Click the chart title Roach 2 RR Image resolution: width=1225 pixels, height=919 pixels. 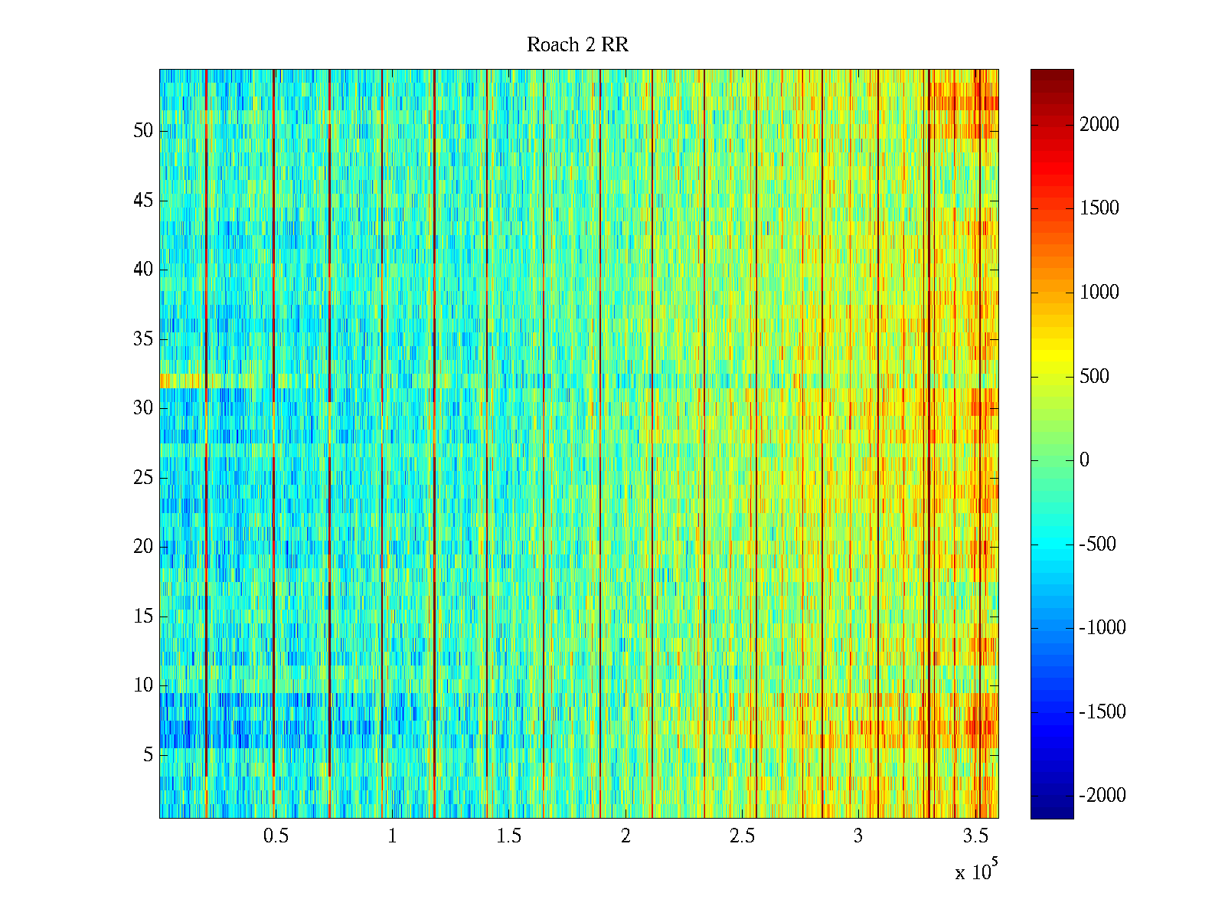point(577,45)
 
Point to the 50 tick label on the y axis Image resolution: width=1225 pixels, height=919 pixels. point(143,131)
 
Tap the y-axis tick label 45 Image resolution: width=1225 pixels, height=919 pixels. point(143,201)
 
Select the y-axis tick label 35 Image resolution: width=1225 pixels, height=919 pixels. point(143,339)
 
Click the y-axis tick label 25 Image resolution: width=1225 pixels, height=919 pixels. point(143,478)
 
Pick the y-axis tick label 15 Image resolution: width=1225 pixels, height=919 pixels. point(143,616)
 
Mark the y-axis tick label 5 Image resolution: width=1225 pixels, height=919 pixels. point(148,755)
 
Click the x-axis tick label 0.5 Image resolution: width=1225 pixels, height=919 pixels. point(276,836)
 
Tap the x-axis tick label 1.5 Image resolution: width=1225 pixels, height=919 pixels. point(509,836)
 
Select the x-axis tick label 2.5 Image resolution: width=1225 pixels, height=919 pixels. point(742,836)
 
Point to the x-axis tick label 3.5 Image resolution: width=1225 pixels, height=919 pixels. point(975,836)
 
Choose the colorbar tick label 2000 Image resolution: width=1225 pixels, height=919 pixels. point(1099,125)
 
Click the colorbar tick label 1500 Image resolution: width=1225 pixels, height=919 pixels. point(1099,208)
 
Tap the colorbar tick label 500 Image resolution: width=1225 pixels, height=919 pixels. point(1094,376)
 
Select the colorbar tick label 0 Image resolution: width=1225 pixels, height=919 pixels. point(1084,460)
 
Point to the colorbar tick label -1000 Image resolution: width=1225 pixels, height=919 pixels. point(1102,628)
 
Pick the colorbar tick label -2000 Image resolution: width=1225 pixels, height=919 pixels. point(1102,796)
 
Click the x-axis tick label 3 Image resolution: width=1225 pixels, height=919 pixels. point(858,836)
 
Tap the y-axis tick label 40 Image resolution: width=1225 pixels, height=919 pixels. point(143,270)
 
